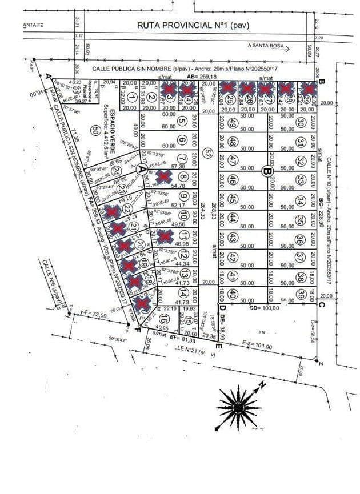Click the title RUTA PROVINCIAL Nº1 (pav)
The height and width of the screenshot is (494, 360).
[x=193, y=25]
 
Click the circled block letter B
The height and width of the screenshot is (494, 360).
[x=265, y=170]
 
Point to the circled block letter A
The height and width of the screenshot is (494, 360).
[x=142, y=168]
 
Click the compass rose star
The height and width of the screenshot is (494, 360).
[x=237, y=406]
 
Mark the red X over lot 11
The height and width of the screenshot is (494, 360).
[x=165, y=235]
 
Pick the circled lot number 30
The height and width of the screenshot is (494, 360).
[x=301, y=122]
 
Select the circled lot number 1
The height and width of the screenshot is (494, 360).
[x=131, y=97]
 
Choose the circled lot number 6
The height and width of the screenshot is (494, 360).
[x=182, y=140]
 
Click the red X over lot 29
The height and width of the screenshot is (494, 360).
[x=309, y=89]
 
